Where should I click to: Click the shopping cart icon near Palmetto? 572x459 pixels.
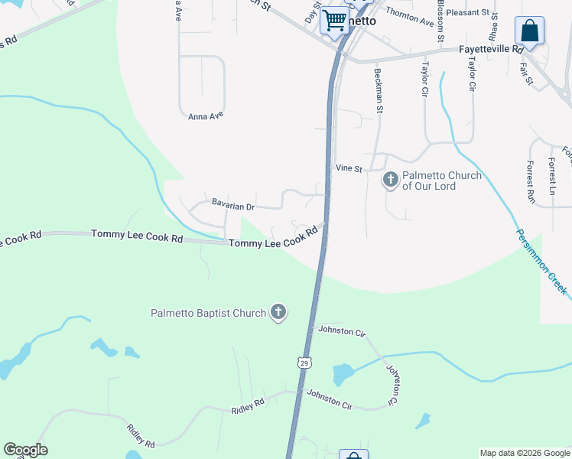pyautogui.click(x=334, y=20)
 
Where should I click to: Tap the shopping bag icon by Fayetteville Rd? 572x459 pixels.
pyautogui.click(x=529, y=31)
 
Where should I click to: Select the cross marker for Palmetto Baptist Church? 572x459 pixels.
pyautogui.click(x=278, y=312)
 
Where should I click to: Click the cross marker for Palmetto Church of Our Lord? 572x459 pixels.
pyautogui.click(x=390, y=180)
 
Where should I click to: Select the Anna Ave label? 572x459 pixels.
pyautogui.click(x=205, y=116)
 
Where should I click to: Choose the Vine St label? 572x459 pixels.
pyautogui.click(x=348, y=168)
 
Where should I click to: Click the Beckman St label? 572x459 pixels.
pyautogui.click(x=378, y=90)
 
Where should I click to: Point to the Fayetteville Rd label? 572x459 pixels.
pyautogui.click(x=490, y=48)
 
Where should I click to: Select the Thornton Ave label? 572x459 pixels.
pyautogui.click(x=410, y=13)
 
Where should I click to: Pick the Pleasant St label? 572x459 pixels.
pyautogui.click(x=467, y=13)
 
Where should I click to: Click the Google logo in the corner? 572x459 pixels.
pyautogui.click(x=25, y=450)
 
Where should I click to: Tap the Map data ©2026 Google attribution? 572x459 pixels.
pyautogui.click(x=525, y=453)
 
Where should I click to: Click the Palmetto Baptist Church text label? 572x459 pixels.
pyautogui.click(x=208, y=313)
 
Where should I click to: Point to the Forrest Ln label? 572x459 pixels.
pyautogui.click(x=551, y=175)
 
